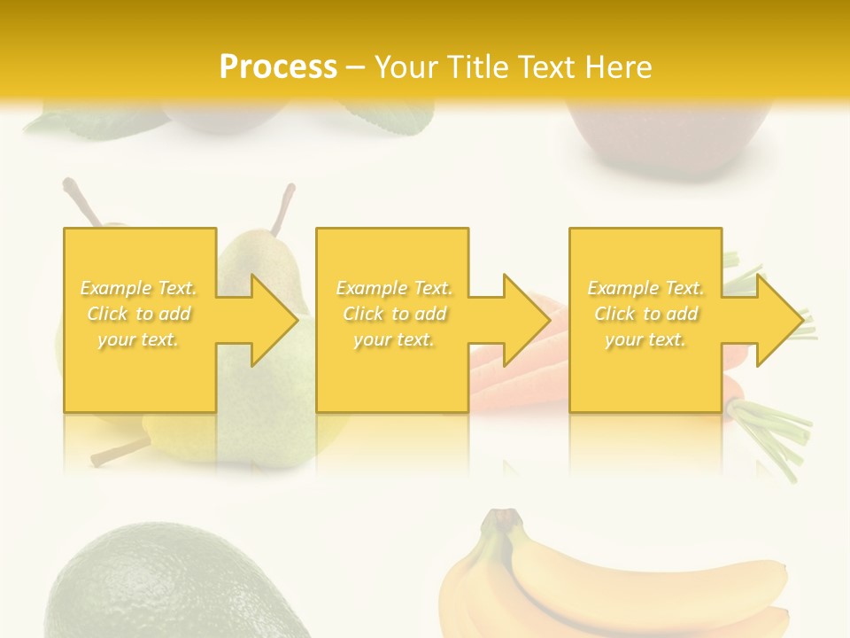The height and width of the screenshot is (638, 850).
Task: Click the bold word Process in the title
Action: point(278,67)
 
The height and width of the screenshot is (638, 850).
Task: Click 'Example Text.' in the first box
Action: point(139,288)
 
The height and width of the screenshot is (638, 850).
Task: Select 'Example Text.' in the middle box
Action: point(394,288)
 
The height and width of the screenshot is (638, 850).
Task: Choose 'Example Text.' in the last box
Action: point(645,288)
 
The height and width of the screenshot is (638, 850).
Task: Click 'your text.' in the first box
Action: point(139,339)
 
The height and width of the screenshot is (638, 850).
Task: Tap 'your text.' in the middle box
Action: point(394,339)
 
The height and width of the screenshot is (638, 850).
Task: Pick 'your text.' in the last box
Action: point(645,339)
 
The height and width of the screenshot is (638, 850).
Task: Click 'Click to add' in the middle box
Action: point(394,314)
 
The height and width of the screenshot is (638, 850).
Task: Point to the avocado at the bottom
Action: point(159,585)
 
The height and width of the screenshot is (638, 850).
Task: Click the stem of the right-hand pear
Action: point(285,207)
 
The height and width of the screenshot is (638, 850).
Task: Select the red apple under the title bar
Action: point(668,142)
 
